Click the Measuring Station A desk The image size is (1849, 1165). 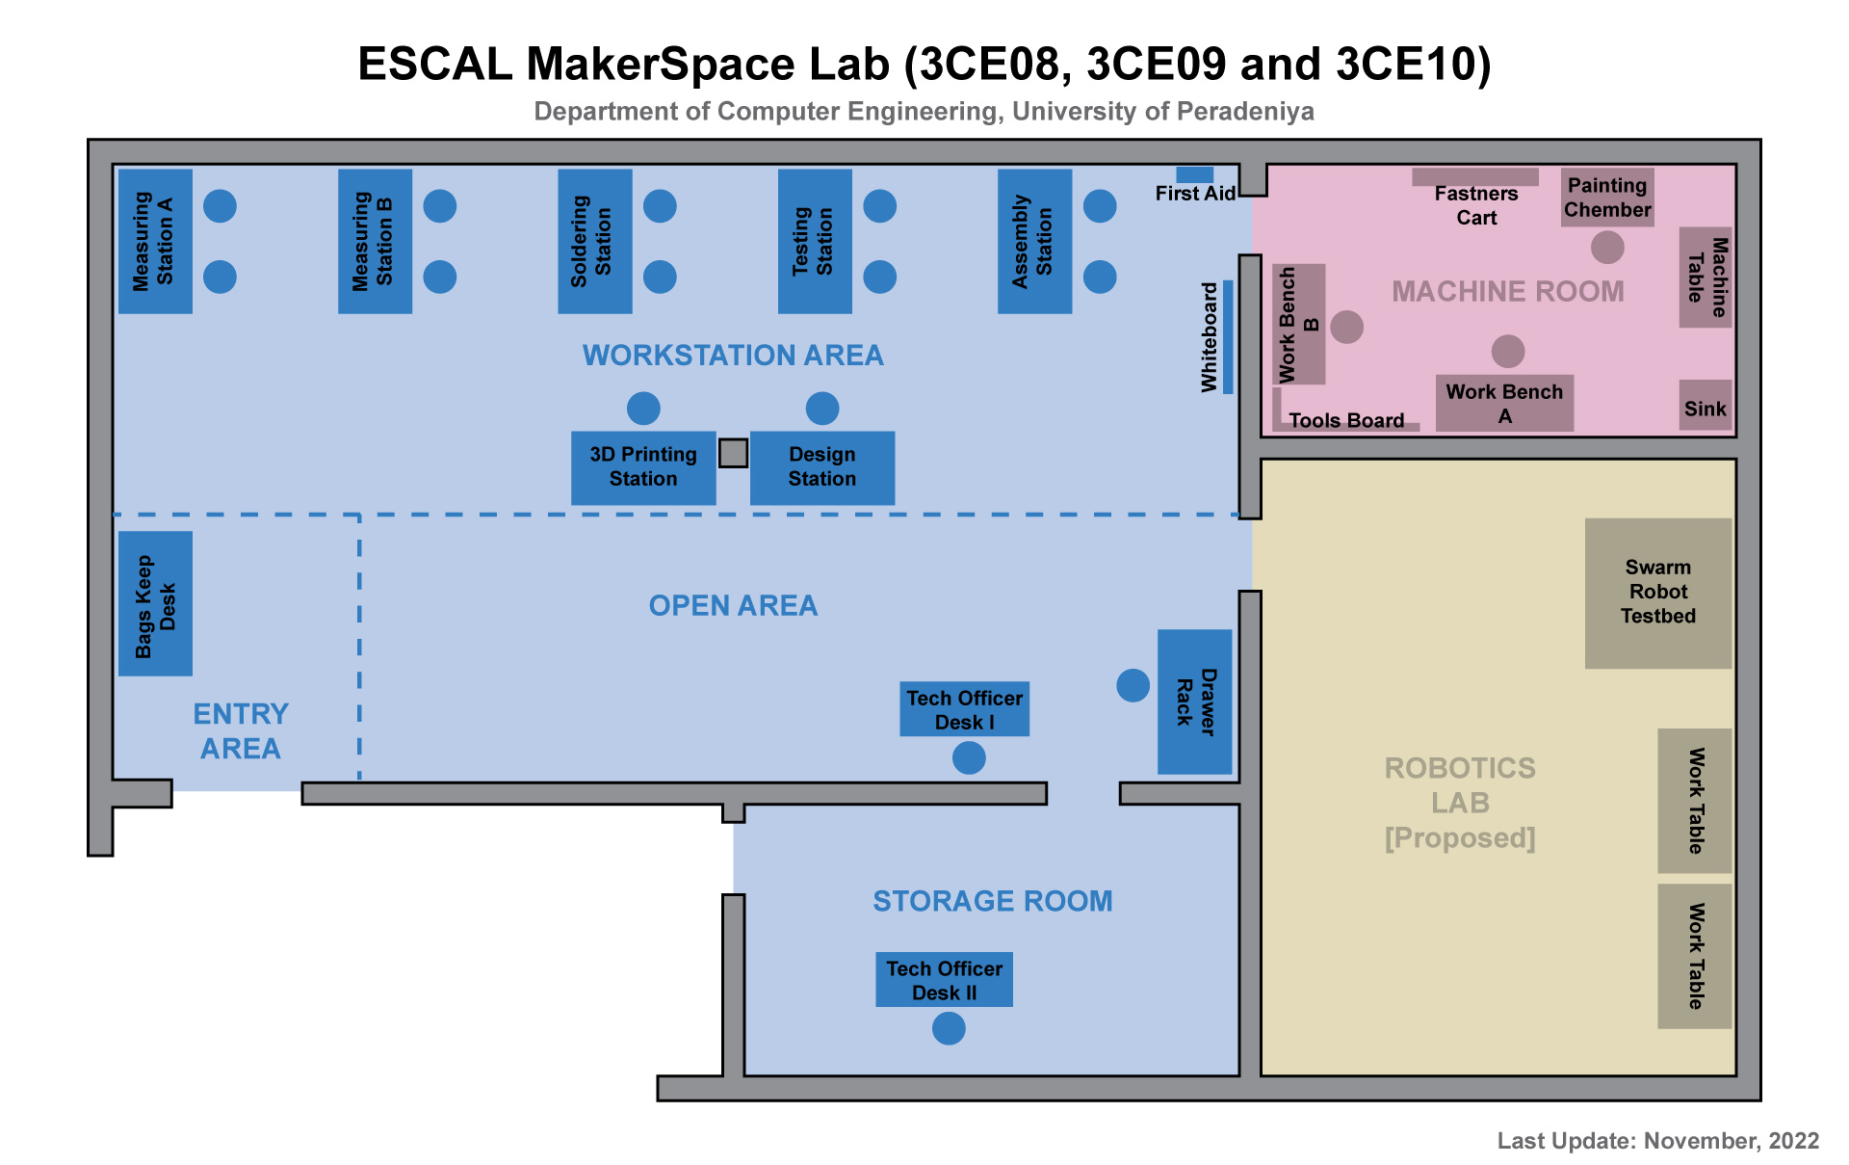click(155, 241)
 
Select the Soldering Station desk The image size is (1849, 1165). click(594, 241)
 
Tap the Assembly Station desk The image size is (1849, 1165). click(1034, 241)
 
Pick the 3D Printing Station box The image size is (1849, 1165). click(643, 467)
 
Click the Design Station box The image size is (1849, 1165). click(821, 467)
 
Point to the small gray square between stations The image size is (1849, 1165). click(733, 453)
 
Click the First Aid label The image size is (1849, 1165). click(1195, 193)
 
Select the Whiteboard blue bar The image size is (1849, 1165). click(1228, 337)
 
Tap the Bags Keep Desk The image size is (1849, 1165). click(155, 603)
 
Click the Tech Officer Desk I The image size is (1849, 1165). click(964, 710)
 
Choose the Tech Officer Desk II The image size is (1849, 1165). click(944, 980)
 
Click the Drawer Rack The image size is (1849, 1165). click(1194, 702)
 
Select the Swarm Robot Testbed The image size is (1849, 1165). click(1657, 593)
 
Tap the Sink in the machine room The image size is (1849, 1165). click(1705, 409)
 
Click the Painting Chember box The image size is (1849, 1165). click(1606, 198)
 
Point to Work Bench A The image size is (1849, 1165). click(1504, 403)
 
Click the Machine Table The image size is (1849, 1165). click(1706, 278)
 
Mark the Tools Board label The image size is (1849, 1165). click(1346, 420)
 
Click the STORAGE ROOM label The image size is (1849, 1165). click(992, 901)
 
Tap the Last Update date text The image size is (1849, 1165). click(1657, 1141)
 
